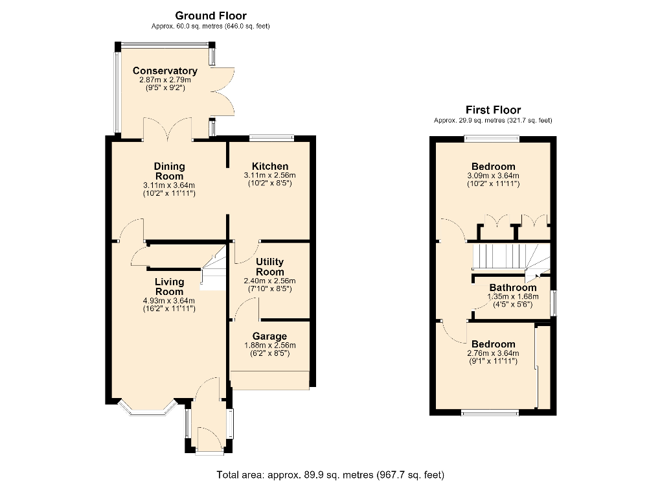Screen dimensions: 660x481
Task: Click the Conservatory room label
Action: coord(165,71)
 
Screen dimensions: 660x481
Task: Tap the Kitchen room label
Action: coord(270,167)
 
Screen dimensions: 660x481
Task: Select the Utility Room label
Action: coord(270,267)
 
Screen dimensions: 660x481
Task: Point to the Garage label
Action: coord(270,336)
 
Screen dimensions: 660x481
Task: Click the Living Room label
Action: coord(169,287)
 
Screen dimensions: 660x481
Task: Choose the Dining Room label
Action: coord(169,171)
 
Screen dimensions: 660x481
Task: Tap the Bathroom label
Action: coord(513,288)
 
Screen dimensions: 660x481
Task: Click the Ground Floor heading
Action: coord(211,16)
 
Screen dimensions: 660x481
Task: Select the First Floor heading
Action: coord(494,110)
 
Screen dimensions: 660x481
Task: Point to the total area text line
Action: coord(330,475)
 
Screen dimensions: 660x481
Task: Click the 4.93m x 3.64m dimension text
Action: coord(169,301)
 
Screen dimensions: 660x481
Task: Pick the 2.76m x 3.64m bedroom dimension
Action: coord(494,353)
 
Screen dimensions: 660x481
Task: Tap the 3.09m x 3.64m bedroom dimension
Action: coord(494,176)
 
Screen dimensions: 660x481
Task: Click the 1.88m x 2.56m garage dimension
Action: coord(270,346)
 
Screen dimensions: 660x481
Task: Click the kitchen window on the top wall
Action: coord(271,136)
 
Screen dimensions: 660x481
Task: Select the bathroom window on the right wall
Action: coord(554,303)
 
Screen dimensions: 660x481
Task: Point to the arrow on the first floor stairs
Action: coord(538,276)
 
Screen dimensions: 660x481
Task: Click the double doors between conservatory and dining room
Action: coord(168,129)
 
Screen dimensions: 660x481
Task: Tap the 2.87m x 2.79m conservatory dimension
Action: coord(165,80)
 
